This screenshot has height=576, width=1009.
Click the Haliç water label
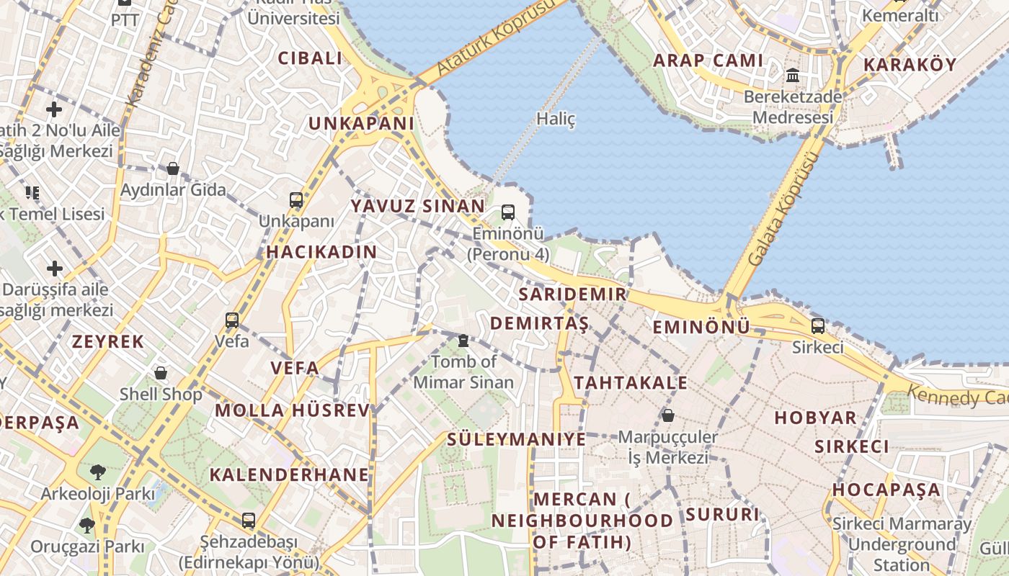pos(556,119)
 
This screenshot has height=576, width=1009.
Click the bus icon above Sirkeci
pos(818,325)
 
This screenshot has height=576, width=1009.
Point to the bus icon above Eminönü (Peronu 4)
pos(508,212)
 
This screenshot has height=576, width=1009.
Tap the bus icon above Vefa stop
pos(232,320)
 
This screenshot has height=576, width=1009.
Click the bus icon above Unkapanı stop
pos(296,199)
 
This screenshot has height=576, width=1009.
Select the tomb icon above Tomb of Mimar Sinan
pos(463,340)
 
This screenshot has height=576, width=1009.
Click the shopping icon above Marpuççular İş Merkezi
pos(668,415)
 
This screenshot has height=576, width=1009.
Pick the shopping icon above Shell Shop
pos(161,373)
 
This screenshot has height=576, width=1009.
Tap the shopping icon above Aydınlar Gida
pos(173,169)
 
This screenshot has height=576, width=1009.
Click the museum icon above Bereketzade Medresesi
pos(793,75)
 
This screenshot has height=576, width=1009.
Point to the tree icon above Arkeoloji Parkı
pos(97,472)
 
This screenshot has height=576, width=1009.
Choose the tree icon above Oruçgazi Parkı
pos(87,525)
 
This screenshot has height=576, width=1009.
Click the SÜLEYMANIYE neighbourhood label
pos(516,438)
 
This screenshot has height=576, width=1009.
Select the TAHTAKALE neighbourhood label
pos(631,382)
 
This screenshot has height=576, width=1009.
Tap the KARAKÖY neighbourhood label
pos(910,64)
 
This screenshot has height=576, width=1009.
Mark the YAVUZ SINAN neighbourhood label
pos(418,206)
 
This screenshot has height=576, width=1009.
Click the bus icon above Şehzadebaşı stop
pos(249,520)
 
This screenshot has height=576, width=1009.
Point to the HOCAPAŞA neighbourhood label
pos(886,490)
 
